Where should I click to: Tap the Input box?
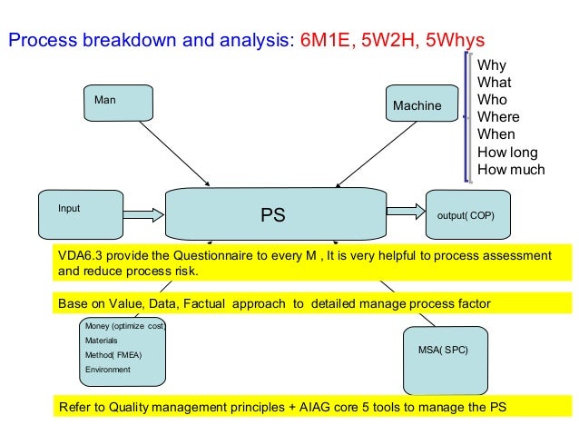pos(80,214)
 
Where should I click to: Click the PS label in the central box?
pos(273,215)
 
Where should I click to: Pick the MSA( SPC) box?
pos(443,349)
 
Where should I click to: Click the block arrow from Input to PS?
pos(142,215)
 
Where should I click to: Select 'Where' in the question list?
pos(498,117)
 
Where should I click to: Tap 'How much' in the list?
pos(510,169)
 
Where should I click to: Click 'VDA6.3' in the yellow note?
pos(79,255)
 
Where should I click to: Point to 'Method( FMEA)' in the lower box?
pos(112,355)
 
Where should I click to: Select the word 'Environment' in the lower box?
pos(108,370)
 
